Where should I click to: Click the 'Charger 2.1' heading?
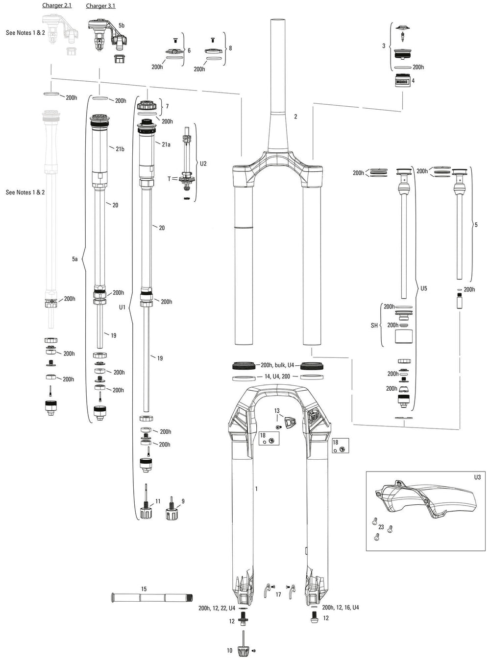[x=57, y=5]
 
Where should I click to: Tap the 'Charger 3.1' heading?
[x=100, y=6]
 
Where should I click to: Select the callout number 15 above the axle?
[x=144, y=589]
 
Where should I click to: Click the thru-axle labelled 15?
[x=152, y=597]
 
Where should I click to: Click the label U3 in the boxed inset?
[x=477, y=476]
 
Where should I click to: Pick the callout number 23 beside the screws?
[x=381, y=527]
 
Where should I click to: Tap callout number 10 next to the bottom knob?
[x=229, y=651]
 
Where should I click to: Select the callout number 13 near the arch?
[x=277, y=410]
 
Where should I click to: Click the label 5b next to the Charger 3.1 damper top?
[x=122, y=25]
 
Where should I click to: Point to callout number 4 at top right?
[x=413, y=81]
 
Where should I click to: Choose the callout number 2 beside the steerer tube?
[x=295, y=117]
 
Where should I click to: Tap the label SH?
[x=374, y=325]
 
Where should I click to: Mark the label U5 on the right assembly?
[x=424, y=288]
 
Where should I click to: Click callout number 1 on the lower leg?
[x=256, y=489]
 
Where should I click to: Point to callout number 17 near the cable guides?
[x=278, y=594]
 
